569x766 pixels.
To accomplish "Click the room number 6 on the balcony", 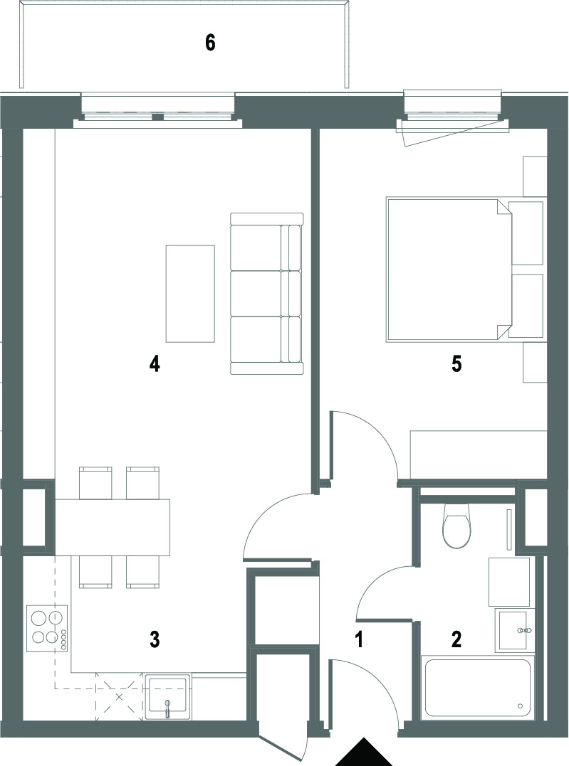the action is pyautogui.click(x=210, y=43).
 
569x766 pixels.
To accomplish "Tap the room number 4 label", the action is pyautogui.click(x=155, y=364).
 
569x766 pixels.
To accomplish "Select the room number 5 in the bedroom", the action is pyautogui.click(x=456, y=364).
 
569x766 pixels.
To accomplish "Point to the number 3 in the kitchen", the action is pyautogui.click(x=155, y=639).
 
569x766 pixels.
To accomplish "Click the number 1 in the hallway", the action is pyautogui.click(x=359, y=639).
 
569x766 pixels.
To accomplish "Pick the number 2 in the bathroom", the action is pyautogui.click(x=456, y=639).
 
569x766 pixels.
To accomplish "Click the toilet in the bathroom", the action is pyautogui.click(x=457, y=525).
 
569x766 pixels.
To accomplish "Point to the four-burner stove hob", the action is pyautogui.click(x=48, y=628).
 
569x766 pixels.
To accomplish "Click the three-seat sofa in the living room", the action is pyautogui.click(x=266, y=294).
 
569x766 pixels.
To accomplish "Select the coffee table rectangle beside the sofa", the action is pyautogui.click(x=190, y=294).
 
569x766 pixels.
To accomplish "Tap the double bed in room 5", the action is pyautogui.click(x=465, y=269).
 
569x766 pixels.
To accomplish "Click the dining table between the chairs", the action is pyautogui.click(x=112, y=527).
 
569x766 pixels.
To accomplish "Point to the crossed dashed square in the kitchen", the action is pyautogui.click(x=120, y=696).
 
